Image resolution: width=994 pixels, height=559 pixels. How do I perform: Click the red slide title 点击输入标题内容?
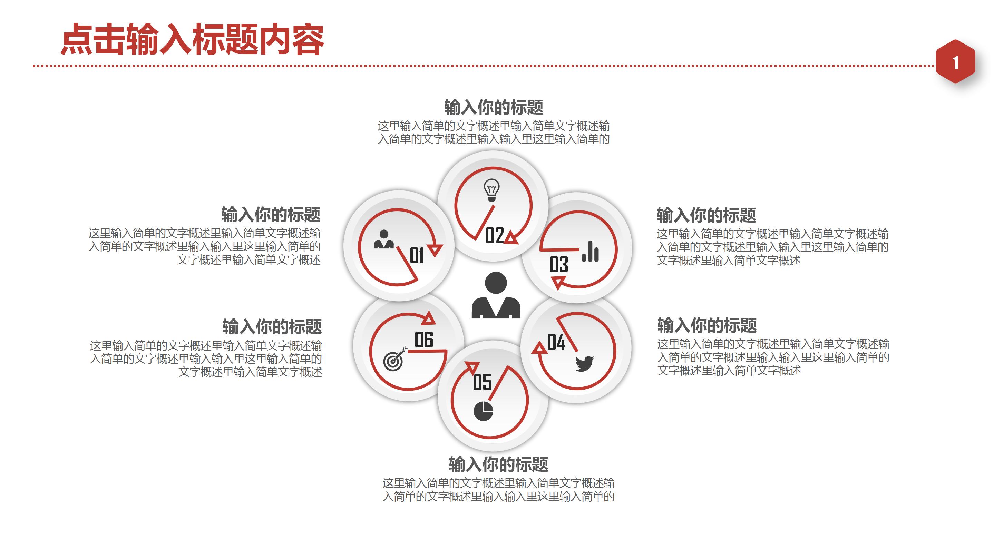pyautogui.click(x=192, y=39)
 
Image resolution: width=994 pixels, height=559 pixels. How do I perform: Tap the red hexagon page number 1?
pyautogui.click(x=955, y=62)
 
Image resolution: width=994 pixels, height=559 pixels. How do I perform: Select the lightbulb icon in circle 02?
pyautogui.click(x=491, y=190)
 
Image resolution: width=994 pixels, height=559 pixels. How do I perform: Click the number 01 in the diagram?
pyautogui.click(x=416, y=256)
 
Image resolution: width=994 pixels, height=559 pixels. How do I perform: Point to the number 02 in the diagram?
pyautogui.click(x=494, y=235)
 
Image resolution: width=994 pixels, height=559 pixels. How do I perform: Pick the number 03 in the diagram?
pyautogui.click(x=559, y=265)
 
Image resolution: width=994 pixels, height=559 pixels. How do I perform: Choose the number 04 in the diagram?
pyautogui.click(x=556, y=342)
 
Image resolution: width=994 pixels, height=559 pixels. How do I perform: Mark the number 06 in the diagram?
pyautogui.click(x=424, y=340)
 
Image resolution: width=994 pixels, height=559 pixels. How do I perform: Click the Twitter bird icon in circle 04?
pyautogui.click(x=584, y=364)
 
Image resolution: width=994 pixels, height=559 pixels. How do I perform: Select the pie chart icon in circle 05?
pyautogui.click(x=483, y=411)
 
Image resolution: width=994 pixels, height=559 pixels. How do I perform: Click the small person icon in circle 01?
pyautogui.click(x=384, y=239)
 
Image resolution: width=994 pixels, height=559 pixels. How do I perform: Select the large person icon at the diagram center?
pyautogui.click(x=496, y=295)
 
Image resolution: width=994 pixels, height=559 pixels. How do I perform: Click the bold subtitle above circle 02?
pyautogui.click(x=494, y=107)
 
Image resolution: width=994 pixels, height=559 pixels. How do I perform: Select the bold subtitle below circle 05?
pyautogui.click(x=498, y=464)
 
